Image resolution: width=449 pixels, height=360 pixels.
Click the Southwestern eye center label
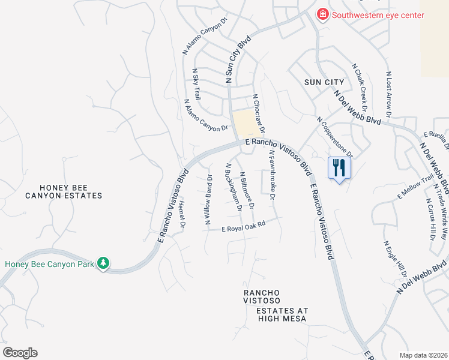click(x=378, y=16)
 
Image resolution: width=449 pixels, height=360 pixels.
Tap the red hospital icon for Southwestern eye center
click(x=323, y=14)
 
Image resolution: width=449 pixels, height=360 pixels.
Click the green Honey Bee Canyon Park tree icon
click(x=103, y=263)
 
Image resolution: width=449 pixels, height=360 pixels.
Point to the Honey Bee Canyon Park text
click(x=50, y=264)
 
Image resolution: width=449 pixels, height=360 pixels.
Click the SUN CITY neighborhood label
click(x=324, y=82)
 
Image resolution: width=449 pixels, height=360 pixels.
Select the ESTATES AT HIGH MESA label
click(x=282, y=314)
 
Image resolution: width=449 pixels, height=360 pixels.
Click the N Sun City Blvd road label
click(x=237, y=59)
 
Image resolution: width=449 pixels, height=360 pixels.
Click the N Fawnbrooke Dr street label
click(x=272, y=175)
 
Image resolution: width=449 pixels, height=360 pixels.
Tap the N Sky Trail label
click(x=196, y=85)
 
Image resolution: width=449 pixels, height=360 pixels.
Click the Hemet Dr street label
click(x=182, y=215)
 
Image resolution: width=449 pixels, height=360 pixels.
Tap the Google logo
click(x=20, y=353)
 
